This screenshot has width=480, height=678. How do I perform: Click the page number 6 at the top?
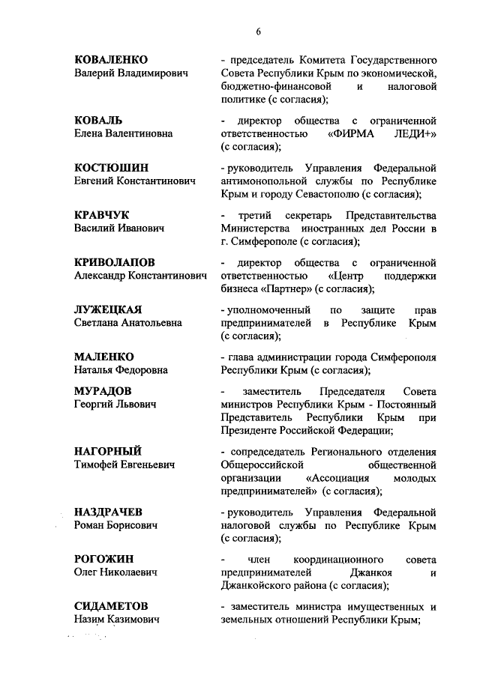coord(256,31)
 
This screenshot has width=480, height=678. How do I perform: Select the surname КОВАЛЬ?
coord(98,120)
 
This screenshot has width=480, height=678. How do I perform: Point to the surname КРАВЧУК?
coord(103,215)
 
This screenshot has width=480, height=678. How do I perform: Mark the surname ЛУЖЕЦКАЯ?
coord(108,309)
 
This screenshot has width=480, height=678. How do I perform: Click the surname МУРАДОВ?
coord(103,391)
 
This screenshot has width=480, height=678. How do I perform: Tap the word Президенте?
coord(254,431)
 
